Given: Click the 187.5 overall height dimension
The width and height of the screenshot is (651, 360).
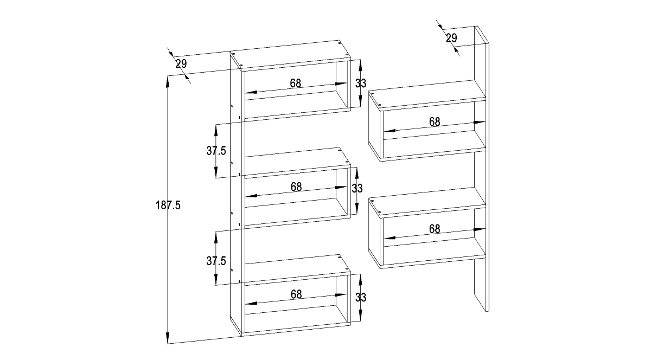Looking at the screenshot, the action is [x=168, y=205].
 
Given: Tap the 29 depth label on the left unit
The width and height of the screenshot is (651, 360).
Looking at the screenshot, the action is [x=181, y=64].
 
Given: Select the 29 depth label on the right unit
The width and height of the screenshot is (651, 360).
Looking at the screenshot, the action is [x=451, y=38].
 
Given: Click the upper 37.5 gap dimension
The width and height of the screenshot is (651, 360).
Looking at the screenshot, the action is [x=216, y=151].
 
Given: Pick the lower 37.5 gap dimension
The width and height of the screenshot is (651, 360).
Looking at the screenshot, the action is [x=216, y=261].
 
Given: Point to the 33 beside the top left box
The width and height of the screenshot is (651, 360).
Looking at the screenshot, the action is [x=361, y=83].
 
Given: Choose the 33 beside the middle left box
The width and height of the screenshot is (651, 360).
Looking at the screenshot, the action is [x=357, y=189].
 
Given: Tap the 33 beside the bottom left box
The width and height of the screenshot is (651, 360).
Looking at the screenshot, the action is [x=361, y=297].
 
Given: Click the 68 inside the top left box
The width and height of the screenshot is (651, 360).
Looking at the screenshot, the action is [x=296, y=83].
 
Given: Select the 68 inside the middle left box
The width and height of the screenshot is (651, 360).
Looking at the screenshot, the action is [x=296, y=187].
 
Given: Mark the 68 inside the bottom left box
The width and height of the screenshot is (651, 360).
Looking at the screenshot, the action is [x=296, y=294].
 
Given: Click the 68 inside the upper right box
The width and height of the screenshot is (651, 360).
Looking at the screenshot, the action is [x=435, y=122].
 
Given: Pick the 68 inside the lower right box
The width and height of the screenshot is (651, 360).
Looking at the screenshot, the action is [x=435, y=229].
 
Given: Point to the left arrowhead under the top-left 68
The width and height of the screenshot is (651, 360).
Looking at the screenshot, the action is [x=246, y=93].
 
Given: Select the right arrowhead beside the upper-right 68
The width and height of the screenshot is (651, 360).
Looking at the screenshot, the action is [x=485, y=122].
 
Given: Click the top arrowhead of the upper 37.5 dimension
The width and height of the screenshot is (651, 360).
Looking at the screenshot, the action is [x=216, y=125].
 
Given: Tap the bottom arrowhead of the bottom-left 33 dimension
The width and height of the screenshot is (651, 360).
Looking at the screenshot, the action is [x=360, y=321].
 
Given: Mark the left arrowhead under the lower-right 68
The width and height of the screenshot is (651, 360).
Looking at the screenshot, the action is [x=384, y=239].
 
